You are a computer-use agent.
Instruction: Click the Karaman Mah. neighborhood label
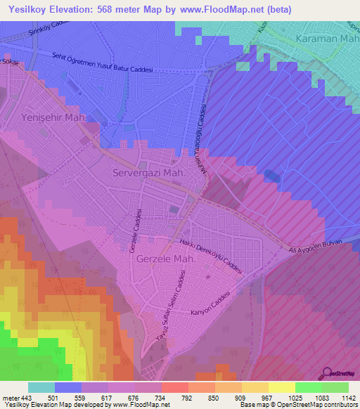click(x=327, y=39)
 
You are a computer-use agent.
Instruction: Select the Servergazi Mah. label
click(x=148, y=172)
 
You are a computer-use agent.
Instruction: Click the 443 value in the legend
click(x=27, y=398)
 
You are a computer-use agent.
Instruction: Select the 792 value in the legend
click(x=188, y=398)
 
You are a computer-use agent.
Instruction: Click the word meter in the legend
click(x=11, y=398)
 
